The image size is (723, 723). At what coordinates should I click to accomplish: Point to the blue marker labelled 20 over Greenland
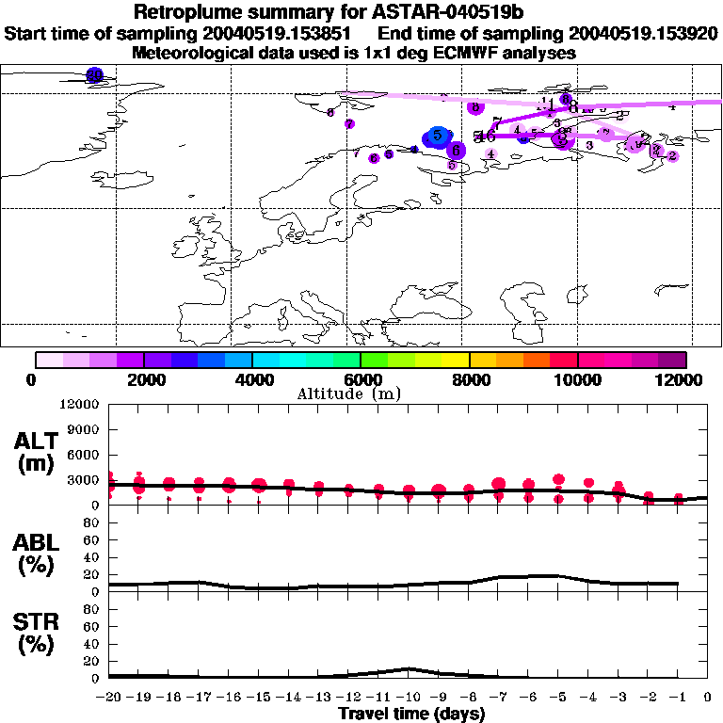[93, 75]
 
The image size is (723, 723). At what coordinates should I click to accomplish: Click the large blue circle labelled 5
[437, 137]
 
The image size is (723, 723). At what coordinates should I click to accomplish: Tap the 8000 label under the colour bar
[469, 379]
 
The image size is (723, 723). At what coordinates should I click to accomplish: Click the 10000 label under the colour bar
[577, 379]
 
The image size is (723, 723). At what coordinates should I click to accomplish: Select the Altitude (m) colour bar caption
[361, 394]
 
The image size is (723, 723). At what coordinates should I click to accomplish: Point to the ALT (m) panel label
[39, 451]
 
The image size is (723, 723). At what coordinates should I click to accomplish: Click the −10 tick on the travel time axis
[406, 698]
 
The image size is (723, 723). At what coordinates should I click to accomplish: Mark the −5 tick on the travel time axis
[557, 698]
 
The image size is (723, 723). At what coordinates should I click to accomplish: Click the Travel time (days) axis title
[411, 714]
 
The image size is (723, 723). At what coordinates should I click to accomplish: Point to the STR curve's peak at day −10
[408, 668]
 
